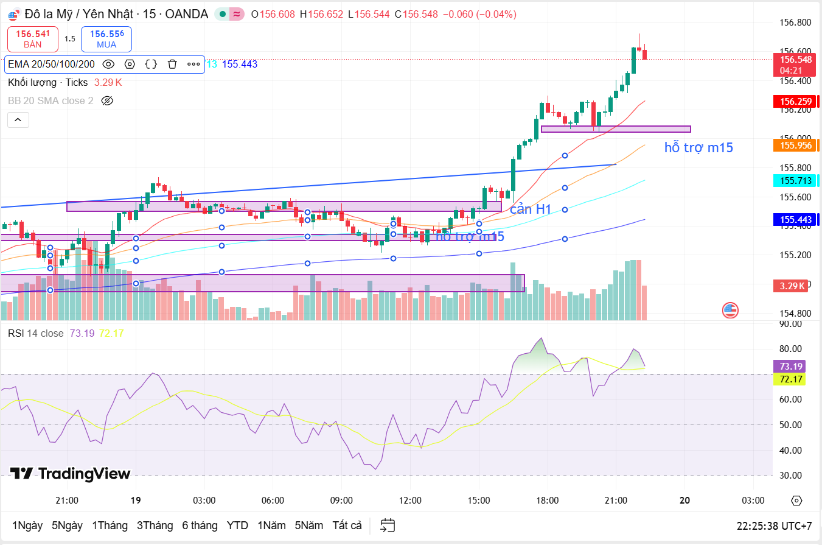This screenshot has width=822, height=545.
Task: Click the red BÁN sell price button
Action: click(x=33, y=39)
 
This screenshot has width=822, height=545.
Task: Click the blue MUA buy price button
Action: click(x=106, y=39)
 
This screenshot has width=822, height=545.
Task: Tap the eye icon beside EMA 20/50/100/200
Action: click(x=108, y=64)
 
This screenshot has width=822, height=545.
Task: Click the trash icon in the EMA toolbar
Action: click(x=172, y=64)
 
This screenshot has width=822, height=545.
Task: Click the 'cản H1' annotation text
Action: click(x=530, y=209)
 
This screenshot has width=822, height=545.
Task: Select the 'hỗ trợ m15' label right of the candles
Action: click(x=698, y=147)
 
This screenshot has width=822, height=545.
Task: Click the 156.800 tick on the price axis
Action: click(x=795, y=23)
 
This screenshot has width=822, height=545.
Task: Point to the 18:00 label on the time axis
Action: click(x=548, y=501)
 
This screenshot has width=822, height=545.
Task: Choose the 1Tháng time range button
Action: click(x=110, y=526)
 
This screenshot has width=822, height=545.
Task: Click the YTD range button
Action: click(x=237, y=526)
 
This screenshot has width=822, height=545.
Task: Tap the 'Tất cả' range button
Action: click(x=347, y=526)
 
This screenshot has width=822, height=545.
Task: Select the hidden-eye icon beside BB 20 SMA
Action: click(x=108, y=100)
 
